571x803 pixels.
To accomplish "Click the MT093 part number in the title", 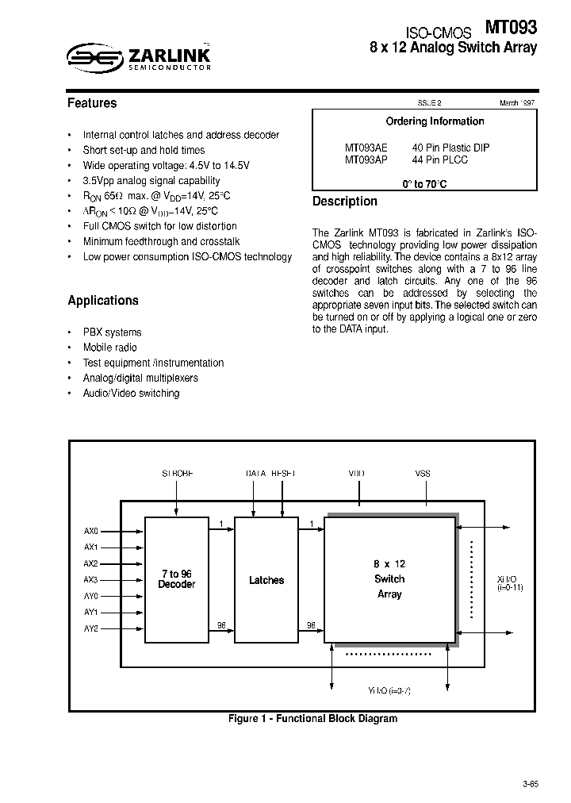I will point(511,29).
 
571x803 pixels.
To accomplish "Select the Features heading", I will point(92,103).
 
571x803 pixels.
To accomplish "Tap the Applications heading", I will point(103,301).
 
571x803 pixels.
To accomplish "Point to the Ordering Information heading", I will point(435,121).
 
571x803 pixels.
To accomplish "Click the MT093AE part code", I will point(366,148).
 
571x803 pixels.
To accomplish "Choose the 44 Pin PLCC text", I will point(440,159).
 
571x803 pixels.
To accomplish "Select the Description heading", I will point(345,202).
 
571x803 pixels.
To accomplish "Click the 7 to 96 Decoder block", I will point(176,579).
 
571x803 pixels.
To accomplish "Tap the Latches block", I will point(266,580).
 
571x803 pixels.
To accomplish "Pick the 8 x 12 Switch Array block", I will point(389,578).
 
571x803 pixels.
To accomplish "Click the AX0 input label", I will point(91,531).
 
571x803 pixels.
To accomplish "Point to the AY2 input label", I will point(91,628).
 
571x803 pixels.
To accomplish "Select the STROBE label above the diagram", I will point(178,474).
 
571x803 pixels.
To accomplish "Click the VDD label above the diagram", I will point(357,474).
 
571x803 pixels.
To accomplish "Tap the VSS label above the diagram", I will point(423,474).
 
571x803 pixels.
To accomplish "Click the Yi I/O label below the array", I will point(389,691).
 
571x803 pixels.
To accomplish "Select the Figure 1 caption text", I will point(312,719).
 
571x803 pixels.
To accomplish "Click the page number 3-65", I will point(531,784).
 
